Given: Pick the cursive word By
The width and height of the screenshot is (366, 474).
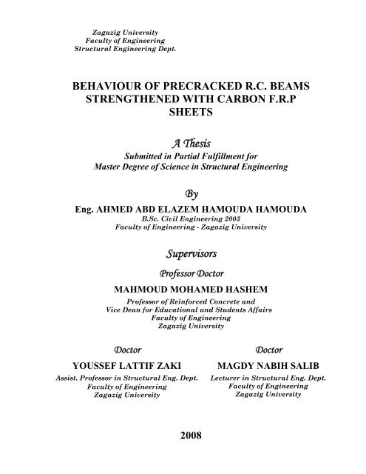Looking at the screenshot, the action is [x=182, y=195].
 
